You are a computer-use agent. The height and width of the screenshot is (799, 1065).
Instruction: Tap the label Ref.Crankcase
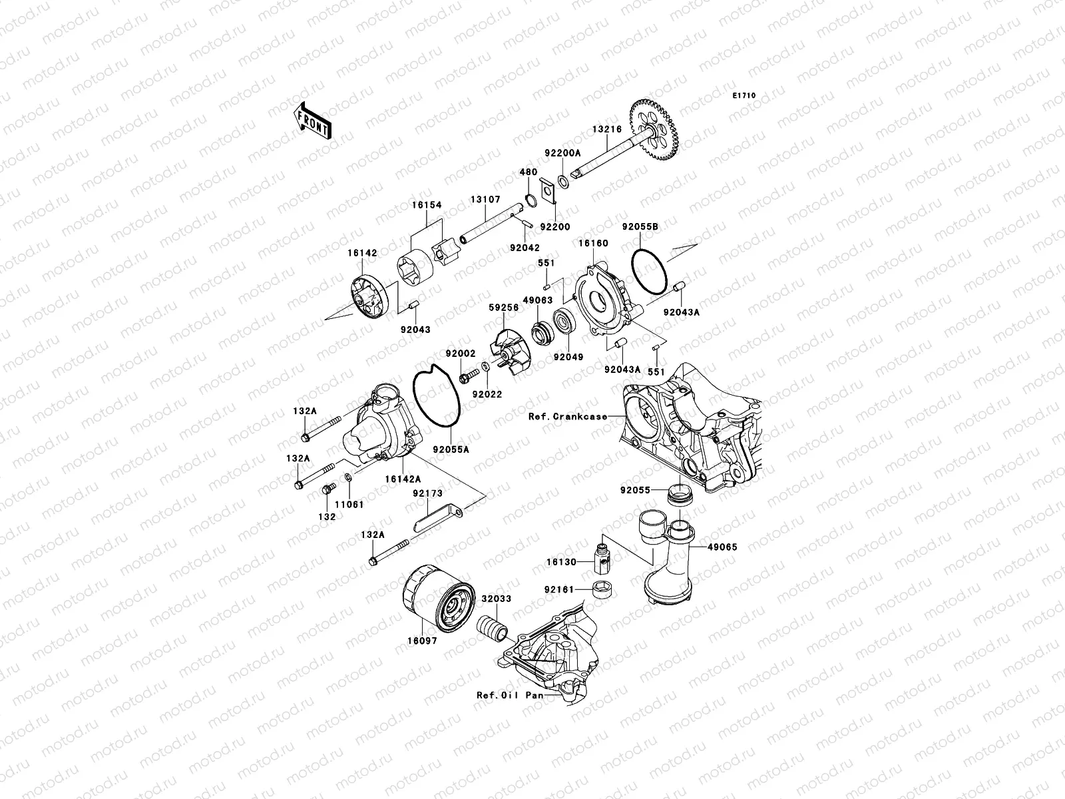[567, 417]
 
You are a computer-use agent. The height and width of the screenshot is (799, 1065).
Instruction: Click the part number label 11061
[349, 504]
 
